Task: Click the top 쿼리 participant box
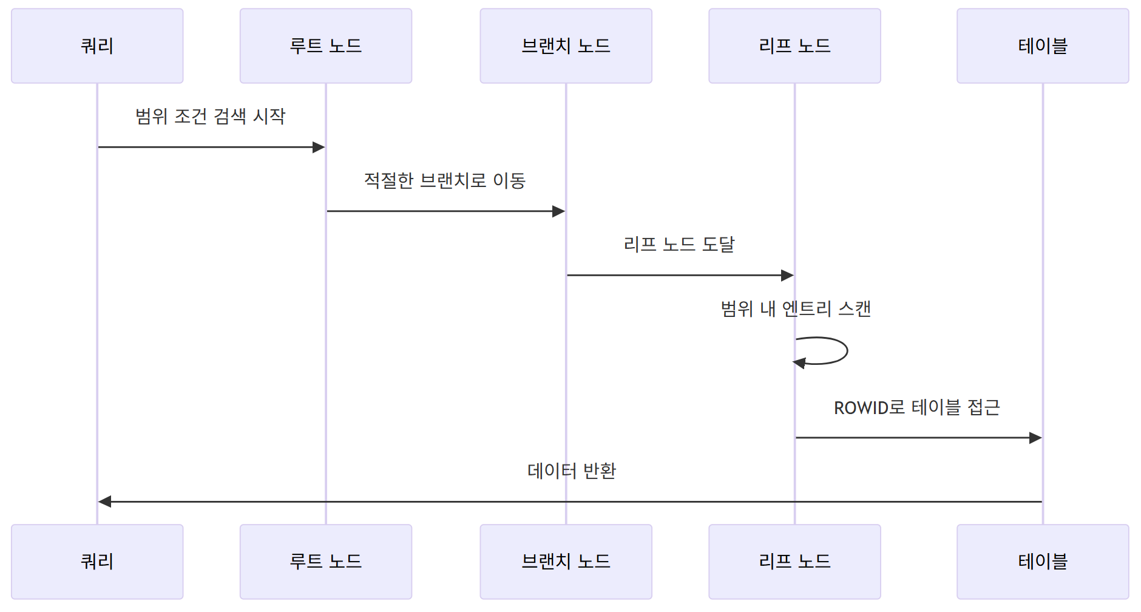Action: coord(97,46)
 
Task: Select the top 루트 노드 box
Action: coord(326,46)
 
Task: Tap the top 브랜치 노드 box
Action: coord(566,46)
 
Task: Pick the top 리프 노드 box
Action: coord(794,46)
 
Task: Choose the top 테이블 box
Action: coord(1043,46)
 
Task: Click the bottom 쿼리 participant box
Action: coord(97,562)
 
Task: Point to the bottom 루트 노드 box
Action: coord(326,562)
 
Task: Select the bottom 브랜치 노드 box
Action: coord(566,562)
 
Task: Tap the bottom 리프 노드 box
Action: coord(794,562)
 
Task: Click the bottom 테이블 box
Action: coord(1043,562)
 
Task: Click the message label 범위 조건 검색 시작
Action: coord(210,116)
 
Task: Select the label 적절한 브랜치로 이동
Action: coord(445,180)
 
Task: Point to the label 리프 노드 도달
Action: coord(679,244)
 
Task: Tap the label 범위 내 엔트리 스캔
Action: coord(796,309)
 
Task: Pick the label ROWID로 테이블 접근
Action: coord(916,407)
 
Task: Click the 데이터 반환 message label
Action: coord(572,471)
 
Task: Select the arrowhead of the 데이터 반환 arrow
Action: coord(105,501)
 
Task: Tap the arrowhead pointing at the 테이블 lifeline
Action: coord(1035,438)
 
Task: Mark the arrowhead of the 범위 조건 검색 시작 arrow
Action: coord(319,147)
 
